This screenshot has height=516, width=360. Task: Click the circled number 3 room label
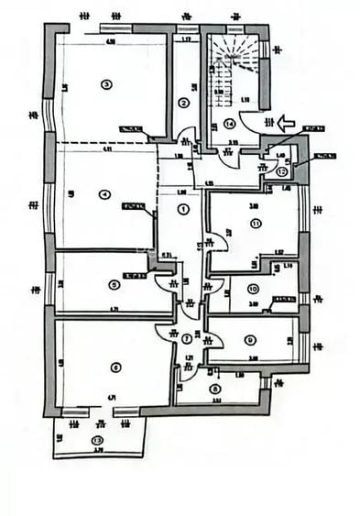click(106, 85)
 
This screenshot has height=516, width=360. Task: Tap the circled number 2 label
click(183, 103)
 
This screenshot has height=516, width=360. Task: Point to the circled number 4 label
click(105, 193)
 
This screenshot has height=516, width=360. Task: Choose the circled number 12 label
click(281, 170)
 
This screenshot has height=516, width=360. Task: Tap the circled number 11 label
click(256, 223)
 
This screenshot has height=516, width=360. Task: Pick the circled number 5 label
click(114, 284)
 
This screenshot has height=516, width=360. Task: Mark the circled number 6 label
click(115, 368)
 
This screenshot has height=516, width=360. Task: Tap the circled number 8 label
click(214, 388)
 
